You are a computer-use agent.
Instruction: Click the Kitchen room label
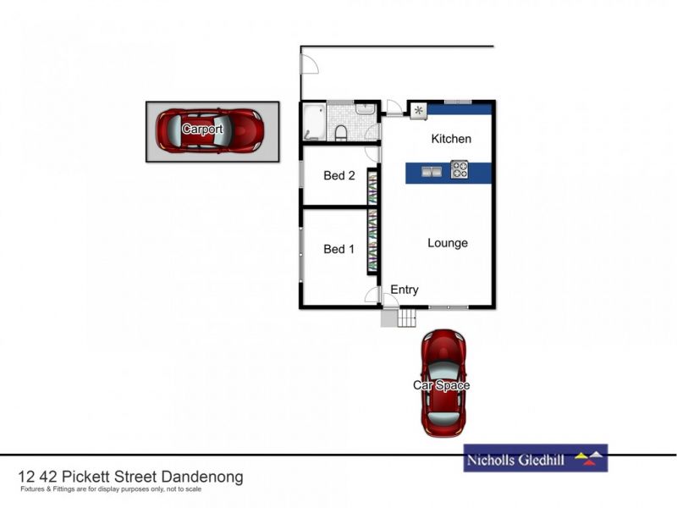tap(451, 139)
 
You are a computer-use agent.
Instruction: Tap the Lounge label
tap(447, 243)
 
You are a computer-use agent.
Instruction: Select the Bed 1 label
tap(339, 249)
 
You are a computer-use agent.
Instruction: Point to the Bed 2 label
tap(339, 176)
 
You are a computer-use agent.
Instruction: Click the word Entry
tap(404, 290)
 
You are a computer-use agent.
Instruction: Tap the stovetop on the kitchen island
tap(460, 169)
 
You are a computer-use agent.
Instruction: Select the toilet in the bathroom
tap(340, 133)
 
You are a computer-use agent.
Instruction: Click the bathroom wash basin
tap(364, 109)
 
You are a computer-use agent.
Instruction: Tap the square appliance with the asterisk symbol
tap(418, 110)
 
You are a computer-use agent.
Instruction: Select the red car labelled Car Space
tap(443, 383)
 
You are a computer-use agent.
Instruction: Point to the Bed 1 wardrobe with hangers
tap(372, 241)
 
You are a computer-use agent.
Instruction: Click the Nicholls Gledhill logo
tap(535, 458)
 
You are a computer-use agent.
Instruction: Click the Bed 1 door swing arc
tap(371, 294)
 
